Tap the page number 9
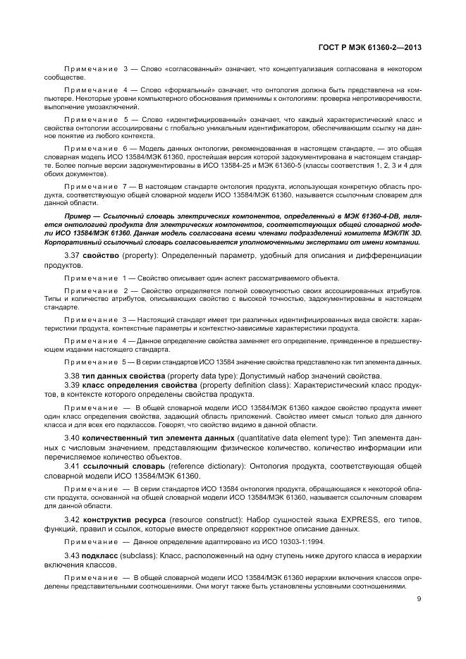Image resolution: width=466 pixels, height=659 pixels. click(419, 599)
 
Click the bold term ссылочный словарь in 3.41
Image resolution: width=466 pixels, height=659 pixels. click(124, 466)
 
